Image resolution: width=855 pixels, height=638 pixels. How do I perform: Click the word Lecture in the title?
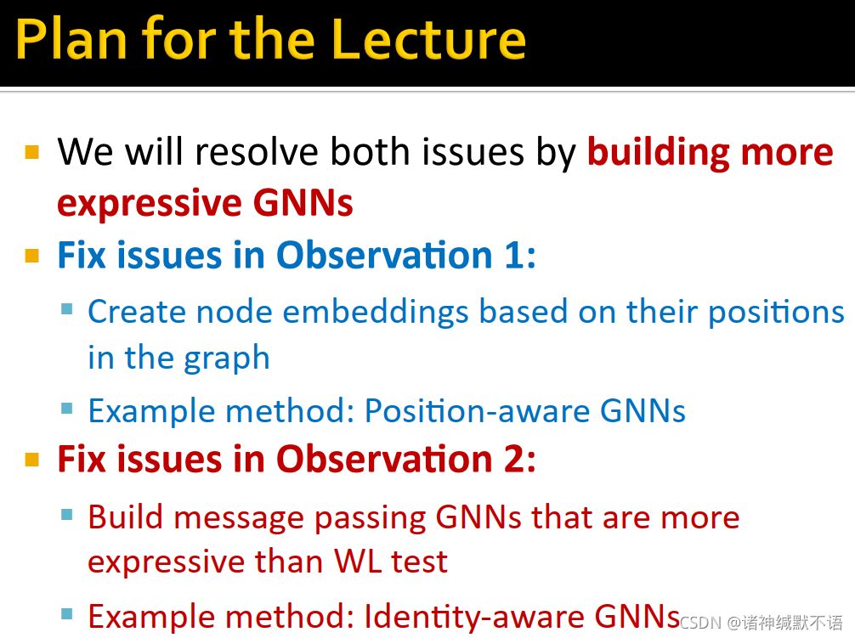point(428,39)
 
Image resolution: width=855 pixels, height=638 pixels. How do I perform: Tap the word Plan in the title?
point(71,39)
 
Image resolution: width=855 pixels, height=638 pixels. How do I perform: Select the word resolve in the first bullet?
point(257,151)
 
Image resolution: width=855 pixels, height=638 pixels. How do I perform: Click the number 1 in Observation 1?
point(516,255)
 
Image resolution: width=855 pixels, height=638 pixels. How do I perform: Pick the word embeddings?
point(375,313)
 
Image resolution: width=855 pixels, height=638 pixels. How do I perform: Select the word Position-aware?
point(477,410)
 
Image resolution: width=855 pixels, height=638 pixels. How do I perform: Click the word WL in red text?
point(358,562)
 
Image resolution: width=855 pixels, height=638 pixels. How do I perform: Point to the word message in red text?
point(238,517)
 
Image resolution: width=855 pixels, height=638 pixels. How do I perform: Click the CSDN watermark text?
point(762,622)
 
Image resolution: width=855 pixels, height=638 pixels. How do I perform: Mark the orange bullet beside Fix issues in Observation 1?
point(32,256)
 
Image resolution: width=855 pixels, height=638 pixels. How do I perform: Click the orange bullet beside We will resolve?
point(32,151)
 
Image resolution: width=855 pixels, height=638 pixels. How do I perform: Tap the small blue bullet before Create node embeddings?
point(67,309)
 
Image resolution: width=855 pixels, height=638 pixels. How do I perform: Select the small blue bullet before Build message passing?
point(67,514)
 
